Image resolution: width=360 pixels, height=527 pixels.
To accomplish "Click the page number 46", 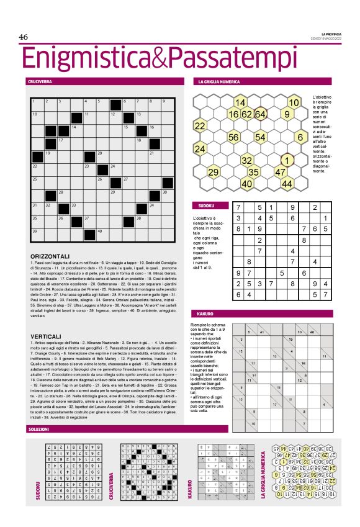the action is [x=24, y=37].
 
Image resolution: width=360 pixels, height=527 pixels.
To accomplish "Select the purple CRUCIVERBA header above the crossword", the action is [x=40, y=81].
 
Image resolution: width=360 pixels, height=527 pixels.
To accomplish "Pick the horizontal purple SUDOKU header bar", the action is [x=205, y=205].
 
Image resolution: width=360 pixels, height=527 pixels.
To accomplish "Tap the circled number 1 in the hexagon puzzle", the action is [x=287, y=160].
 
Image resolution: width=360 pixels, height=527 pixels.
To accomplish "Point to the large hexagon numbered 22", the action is [x=200, y=126].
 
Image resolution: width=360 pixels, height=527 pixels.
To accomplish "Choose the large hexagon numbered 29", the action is [x=214, y=172].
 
